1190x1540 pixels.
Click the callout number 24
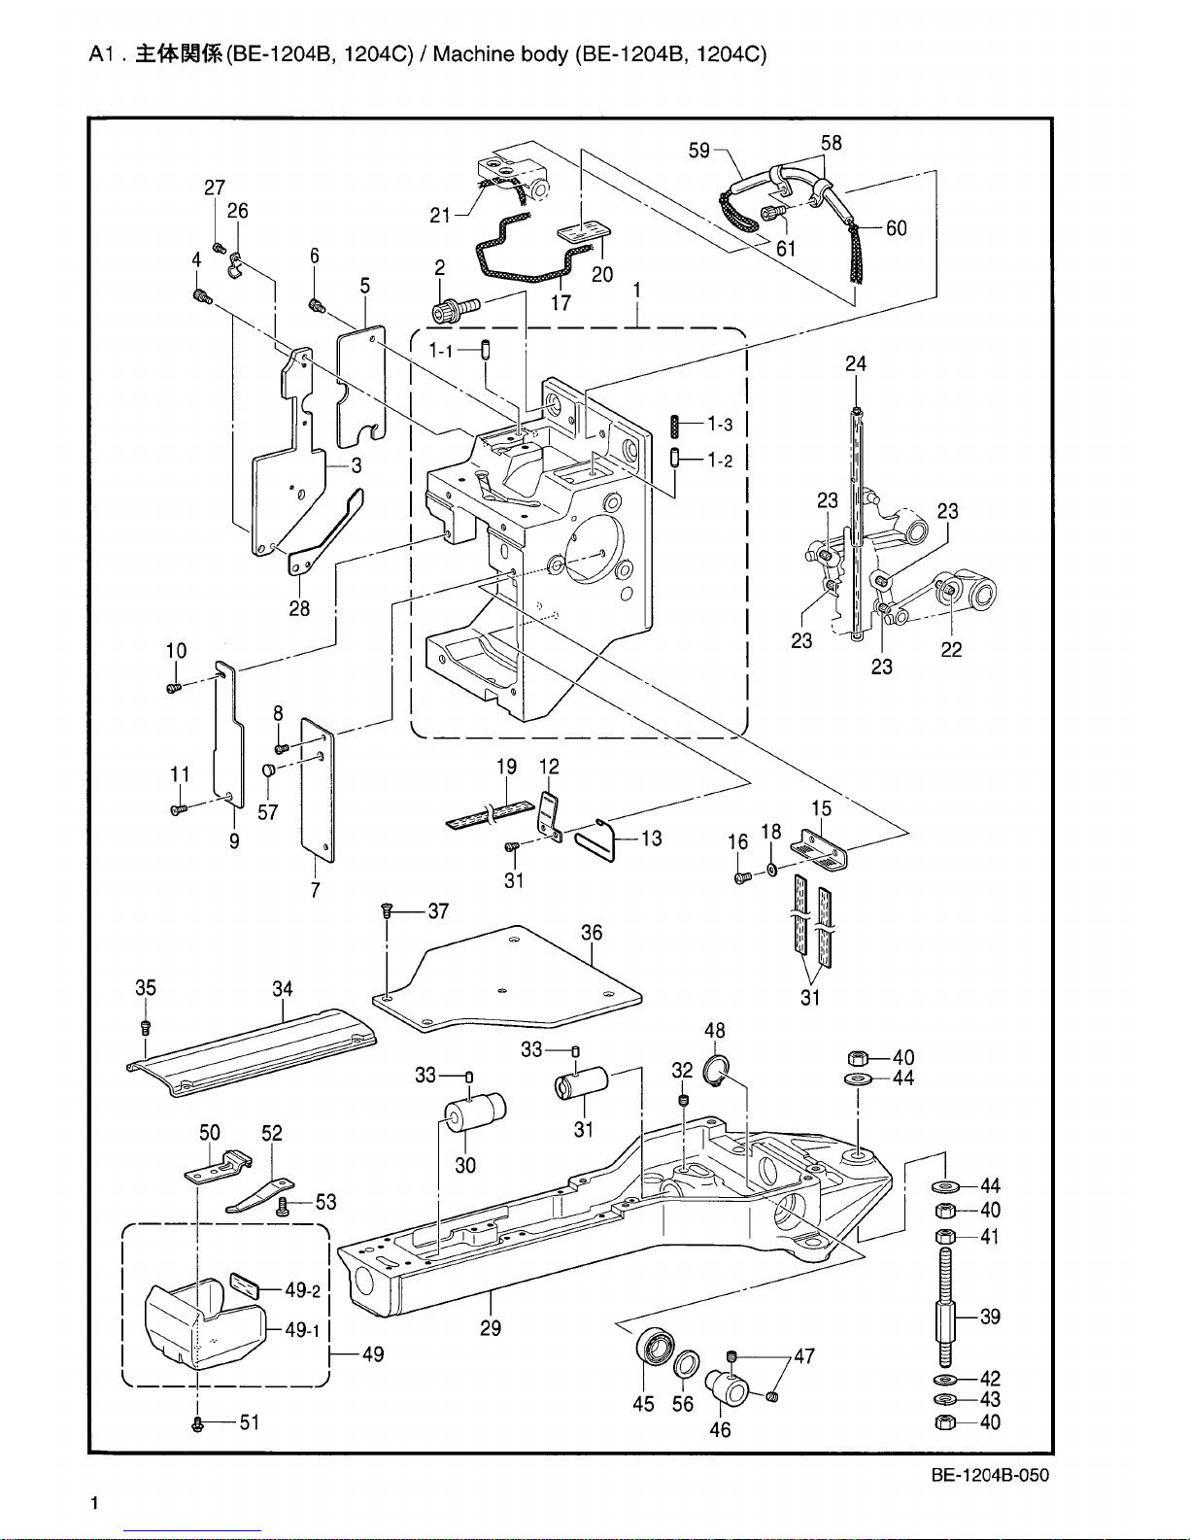coord(856,363)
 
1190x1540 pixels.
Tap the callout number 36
coord(592,932)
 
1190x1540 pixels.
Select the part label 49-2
coord(302,1290)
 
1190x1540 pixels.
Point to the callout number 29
coord(491,1328)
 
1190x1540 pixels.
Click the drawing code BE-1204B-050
coord(990,1475)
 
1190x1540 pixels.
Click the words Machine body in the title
coord(500,54)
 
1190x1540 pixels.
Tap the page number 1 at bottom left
coord(95,1503)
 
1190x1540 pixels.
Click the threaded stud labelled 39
coord(945,1308)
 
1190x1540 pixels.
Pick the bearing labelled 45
coord(655,1347)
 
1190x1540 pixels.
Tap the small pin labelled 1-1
coord(485,350)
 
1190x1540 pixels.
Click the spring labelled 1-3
coord(674,428)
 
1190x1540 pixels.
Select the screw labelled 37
coord(387,909)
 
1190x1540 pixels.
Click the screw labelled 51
coord(197,1423)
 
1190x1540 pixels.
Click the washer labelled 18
coord(772,869)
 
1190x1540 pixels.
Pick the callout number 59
coord(699,151)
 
